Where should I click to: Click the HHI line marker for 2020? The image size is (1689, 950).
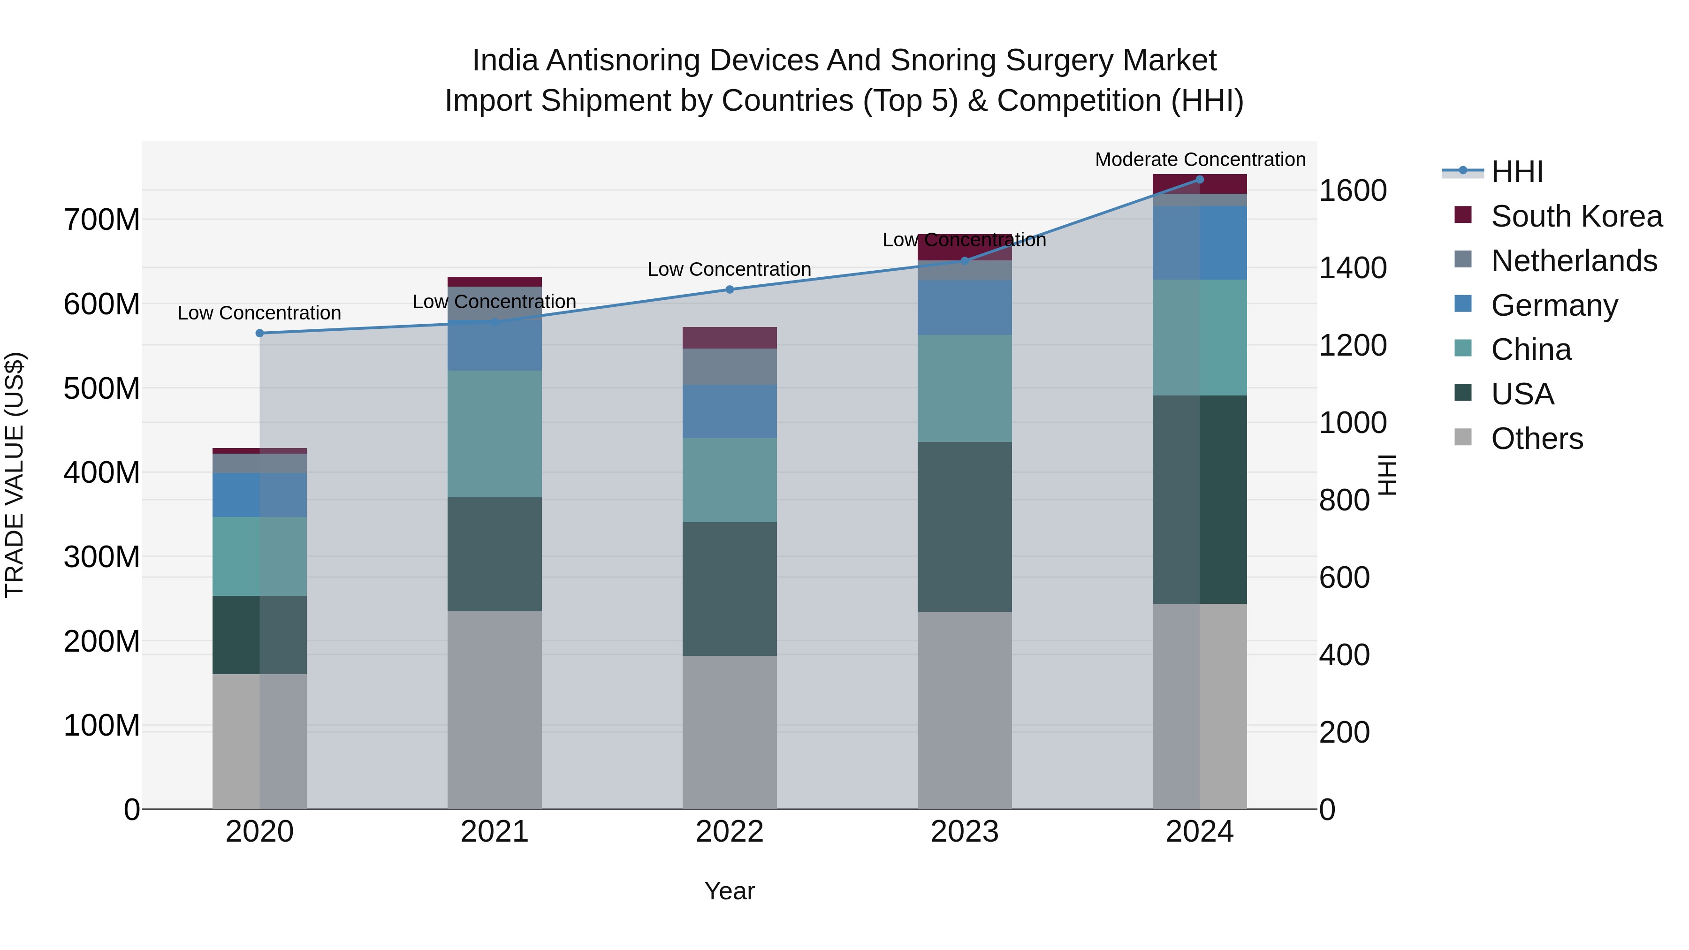pyautogui.click(x=259, y=333)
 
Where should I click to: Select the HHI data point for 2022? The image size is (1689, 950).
pyautogui.click(x=730, y=289)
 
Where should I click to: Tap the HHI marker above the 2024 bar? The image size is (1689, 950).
pyautogui.click(x=1200, y=179)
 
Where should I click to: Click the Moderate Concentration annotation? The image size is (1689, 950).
pyautogui.click(x=1200, y=160)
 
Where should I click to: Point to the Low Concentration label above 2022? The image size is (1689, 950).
pyautogui.click(x=729, y=269)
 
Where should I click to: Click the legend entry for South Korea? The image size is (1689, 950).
pyautogui.click(x=1576, y=216)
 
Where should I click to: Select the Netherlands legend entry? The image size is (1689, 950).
pyautogui.click(x=1574, y=261)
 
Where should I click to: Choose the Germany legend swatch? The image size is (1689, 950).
pyautogui.click(x=1463, y=304)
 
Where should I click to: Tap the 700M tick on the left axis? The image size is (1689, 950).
pyautogui.click(x=102, y=220)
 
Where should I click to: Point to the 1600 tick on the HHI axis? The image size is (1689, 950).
pyautogui.click(x=1352, y=191)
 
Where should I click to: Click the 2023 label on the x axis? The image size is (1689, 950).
pyautogui.click(x=965, y=832)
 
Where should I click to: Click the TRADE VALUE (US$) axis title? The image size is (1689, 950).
pyautogui.click(x=15, y=475)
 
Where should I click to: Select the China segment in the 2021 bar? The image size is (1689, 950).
pyautogui.click(x=495, y=433)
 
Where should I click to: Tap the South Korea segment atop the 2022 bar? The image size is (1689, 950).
pyautogui.click(x=730, y=338)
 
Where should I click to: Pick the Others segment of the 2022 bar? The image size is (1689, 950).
pyautogui.click(x=730, y=732)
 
